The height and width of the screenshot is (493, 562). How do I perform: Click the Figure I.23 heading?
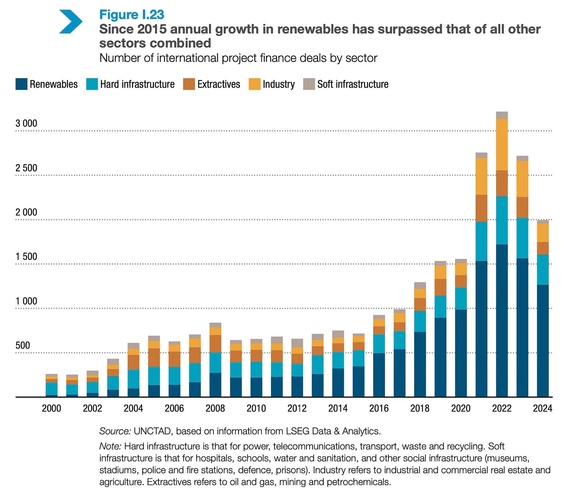click(x=132, y=15)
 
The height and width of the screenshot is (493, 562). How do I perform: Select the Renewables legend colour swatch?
click(x=21, y=84)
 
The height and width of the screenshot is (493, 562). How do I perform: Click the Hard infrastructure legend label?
click(x=137, y=84)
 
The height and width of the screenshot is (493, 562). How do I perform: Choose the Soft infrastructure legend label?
click(x=353, y=84)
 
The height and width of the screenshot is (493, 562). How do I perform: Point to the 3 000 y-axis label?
click(x=26, y=124)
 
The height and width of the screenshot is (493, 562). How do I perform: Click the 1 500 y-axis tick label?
click(x=26, y=257)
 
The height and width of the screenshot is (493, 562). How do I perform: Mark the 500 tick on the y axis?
click(x=23, y=346)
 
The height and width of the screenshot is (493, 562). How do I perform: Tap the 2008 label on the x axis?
click(x=215, y=408)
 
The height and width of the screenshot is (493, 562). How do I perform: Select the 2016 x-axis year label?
click(x=379, y=408)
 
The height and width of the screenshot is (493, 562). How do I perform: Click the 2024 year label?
click(x=542, y=408)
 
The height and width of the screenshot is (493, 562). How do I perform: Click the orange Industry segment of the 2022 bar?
click(x=502, y=144)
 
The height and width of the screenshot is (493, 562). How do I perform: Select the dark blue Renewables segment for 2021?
click(x=481, y=328)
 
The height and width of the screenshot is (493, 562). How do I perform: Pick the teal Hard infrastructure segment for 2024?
click(x=543, y=269)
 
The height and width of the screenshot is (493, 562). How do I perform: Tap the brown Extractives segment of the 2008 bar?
click(x=215, y=344)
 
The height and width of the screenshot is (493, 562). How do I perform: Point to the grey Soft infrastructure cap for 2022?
click(x=502, y=115)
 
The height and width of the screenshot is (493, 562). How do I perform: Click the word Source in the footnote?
click(x=115, y=431)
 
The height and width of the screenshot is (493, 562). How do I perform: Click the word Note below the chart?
click(x=110, y=447)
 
